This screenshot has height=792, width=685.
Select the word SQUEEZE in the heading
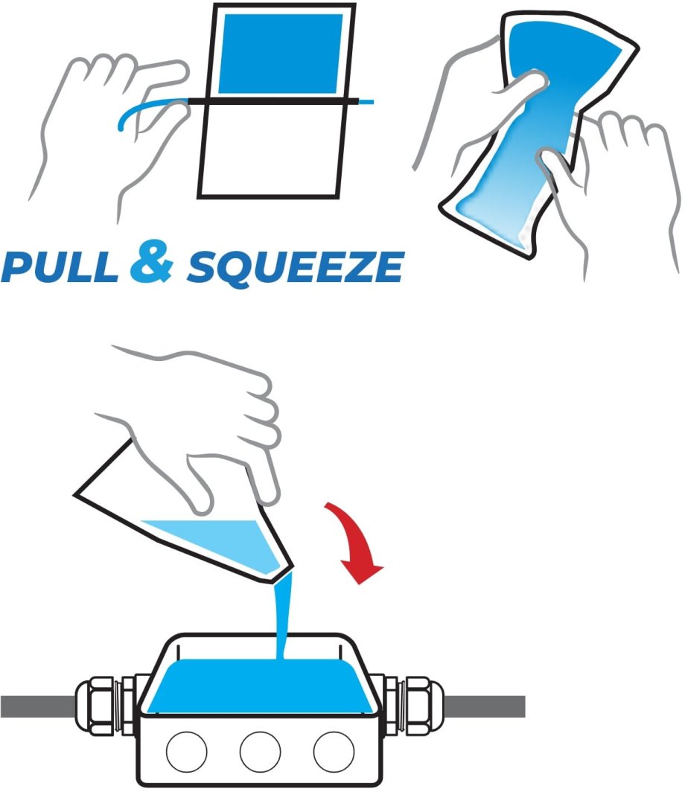click(296, 268)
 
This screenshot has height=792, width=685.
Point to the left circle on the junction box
click(186, 752)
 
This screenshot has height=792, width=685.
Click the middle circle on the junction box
click(260, 752)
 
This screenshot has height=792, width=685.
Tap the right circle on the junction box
click(334, 752)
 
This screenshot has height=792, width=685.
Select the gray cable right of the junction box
click(485, 706)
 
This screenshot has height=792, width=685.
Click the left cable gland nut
click(95, 706)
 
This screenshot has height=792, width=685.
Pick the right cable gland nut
click(425, 706)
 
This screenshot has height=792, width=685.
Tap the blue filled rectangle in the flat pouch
click(281, 54)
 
